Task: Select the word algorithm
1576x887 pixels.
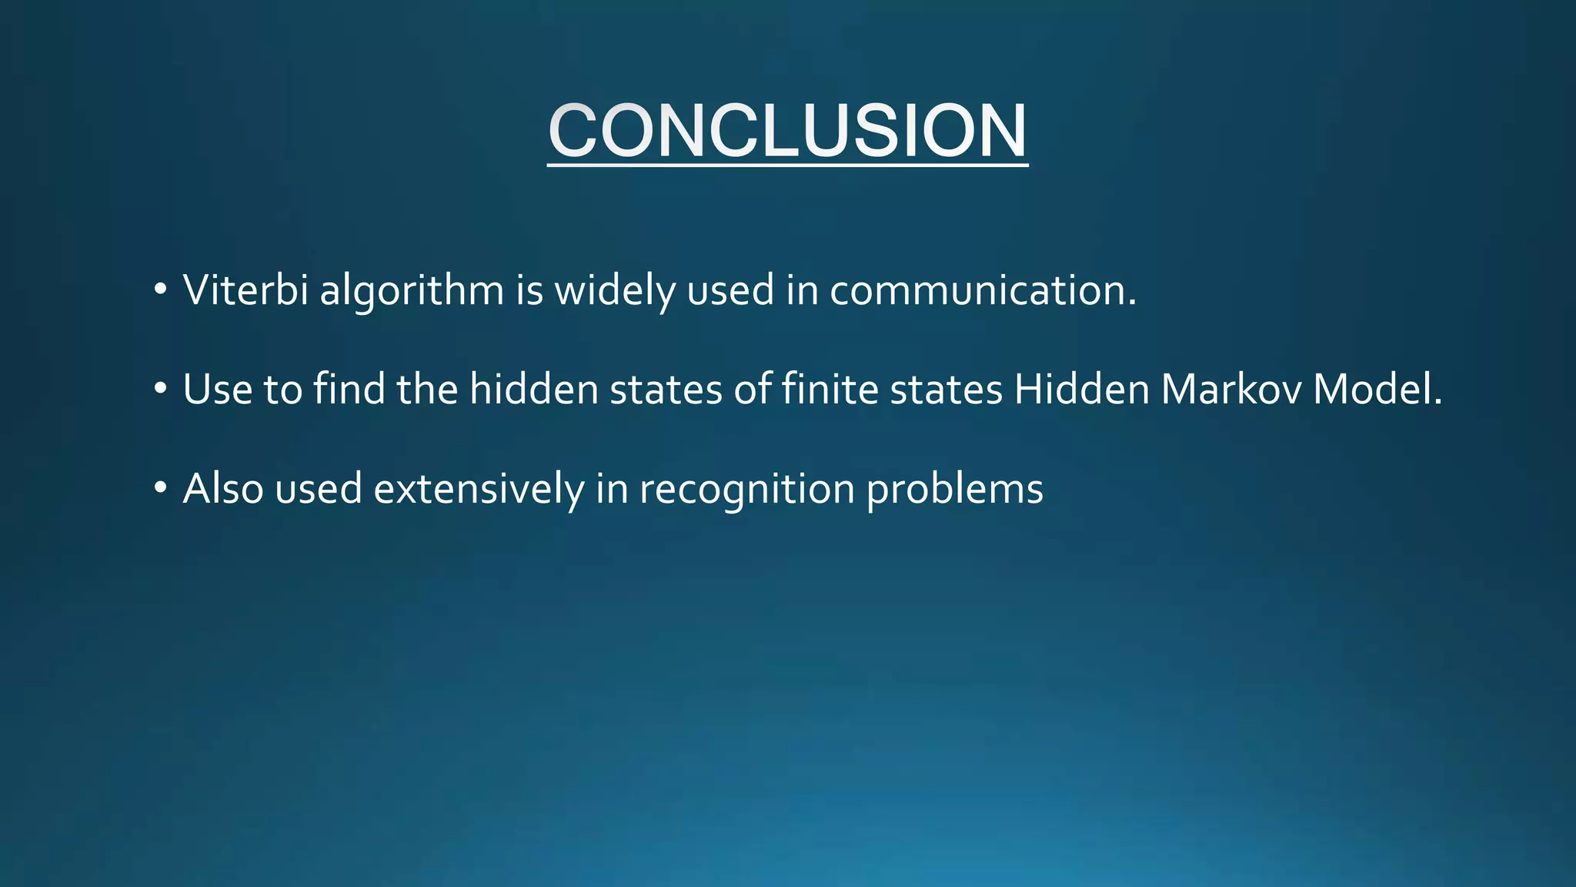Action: tap(412, 292)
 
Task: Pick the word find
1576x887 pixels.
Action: tap(349, 389)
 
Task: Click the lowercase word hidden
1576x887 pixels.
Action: tap(534, 389)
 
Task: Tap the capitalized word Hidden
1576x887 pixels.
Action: tap(1082, 389)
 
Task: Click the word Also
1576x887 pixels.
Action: tap(223, 488)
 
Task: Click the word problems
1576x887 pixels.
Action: tap(955, 490)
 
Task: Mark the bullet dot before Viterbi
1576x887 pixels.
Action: tap(160, 290)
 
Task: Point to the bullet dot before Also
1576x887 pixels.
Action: tap(160, 488)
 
